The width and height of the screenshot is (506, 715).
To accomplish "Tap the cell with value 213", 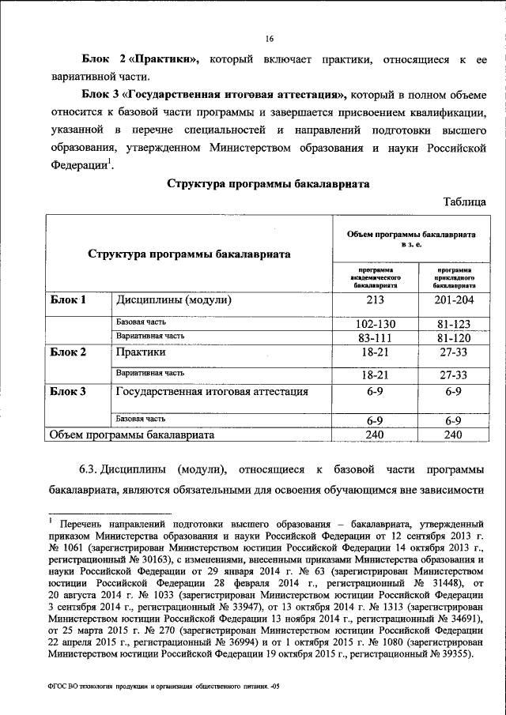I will (376, 302).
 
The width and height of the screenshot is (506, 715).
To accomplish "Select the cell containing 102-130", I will (376, 323).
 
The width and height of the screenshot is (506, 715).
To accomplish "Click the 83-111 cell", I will (376, 338).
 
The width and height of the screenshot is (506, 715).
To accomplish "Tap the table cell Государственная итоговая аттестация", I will (211, 391).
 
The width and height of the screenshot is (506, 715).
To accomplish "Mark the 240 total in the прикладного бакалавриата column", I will (453, 435).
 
